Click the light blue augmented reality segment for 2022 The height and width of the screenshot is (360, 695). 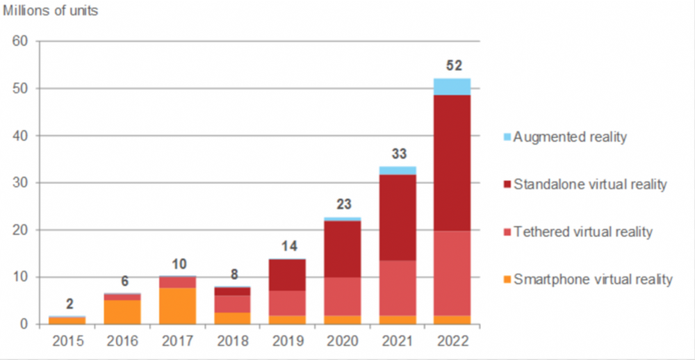tap(452, 87)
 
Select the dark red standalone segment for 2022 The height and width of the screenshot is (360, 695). tap(452, 163)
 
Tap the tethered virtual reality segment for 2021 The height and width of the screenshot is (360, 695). tap(398, 288)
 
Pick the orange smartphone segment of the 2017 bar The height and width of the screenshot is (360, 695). tap(178, 306)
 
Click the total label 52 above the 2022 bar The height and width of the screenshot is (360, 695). tap(452, 67)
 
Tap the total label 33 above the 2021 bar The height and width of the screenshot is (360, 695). tap(398, 154)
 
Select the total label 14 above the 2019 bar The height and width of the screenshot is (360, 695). tap(288, 245)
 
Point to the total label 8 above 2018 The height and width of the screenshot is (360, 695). tap(234, 274)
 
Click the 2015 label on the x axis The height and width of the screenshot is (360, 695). tap(68, 341)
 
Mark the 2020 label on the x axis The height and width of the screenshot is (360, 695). tap(343, 341)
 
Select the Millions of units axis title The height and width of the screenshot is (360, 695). tap(51, 11)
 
